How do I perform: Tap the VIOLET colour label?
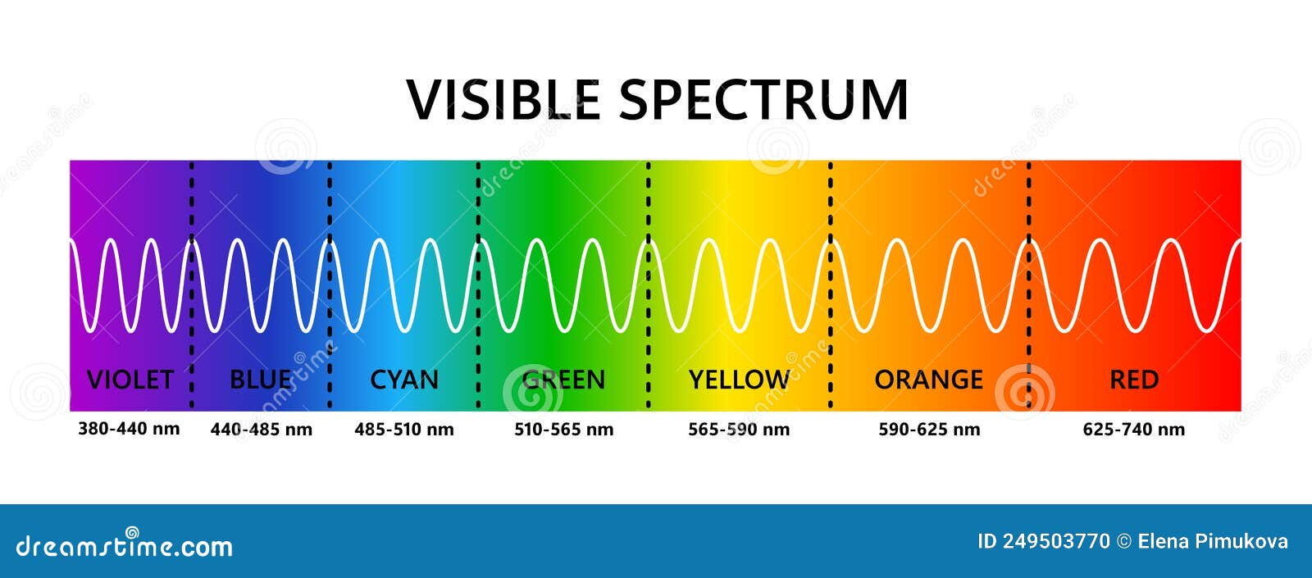[130, 380]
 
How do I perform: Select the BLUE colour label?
[262, 380]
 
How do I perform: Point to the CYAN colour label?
[404, 380]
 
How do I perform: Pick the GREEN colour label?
[563, 380]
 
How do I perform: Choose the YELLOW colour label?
[739, 380]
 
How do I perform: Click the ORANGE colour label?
[929, 380]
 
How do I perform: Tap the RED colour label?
[1134, 380]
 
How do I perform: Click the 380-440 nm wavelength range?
[129, 429]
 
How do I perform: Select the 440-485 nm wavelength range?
[262, 430]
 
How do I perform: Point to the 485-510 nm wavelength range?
[404, 430]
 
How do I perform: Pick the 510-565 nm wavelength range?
[564, 430]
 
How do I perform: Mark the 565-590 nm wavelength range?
[739, 430]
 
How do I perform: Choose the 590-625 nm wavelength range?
[930, 430]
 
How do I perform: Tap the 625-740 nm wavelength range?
[1134, 430]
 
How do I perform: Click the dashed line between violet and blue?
[192, 285]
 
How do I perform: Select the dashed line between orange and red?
[1029, 285]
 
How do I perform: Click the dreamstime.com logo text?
[124, 544]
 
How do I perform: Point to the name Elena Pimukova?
[1213, 542]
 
